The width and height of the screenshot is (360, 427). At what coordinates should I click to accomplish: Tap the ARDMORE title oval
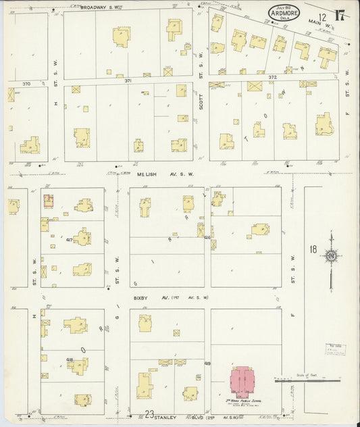284,13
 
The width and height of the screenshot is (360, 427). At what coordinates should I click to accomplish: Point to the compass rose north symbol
331,256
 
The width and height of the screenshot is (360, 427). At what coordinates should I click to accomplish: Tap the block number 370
26,84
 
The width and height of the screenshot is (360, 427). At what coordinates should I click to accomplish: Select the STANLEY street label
165,418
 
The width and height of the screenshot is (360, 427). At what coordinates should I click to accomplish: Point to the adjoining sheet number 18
313,249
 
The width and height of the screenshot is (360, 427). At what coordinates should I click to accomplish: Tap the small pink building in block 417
49,201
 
